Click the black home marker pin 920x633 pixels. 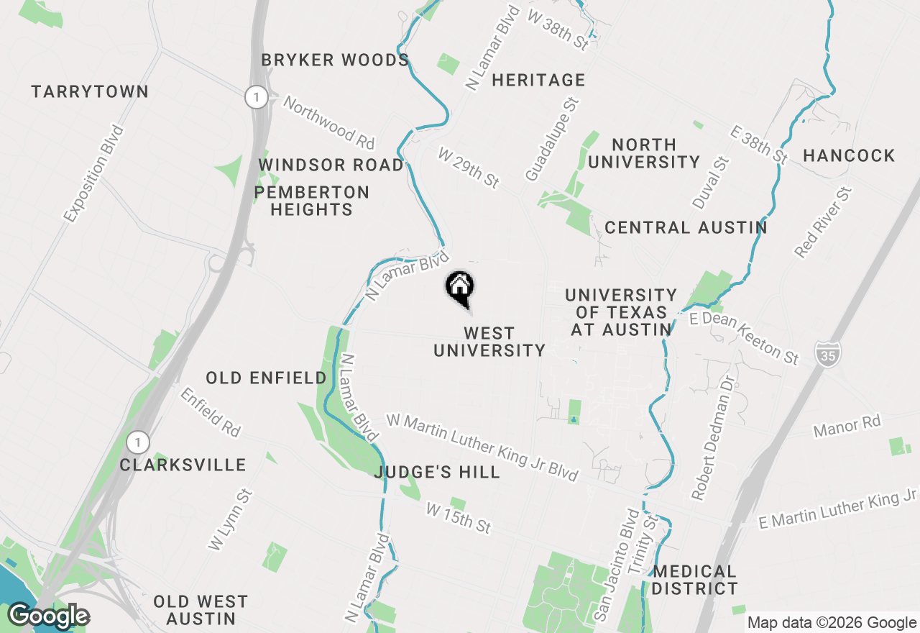[x=460, y=288]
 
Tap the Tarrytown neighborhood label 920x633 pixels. [x=90, y=91]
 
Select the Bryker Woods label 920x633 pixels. [x=335, y=60]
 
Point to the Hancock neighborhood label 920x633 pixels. [x=849, y=155]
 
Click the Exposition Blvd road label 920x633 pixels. [x=93, y=173]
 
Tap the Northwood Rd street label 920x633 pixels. [x=329, y=120]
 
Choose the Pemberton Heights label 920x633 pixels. [x=312, y=201]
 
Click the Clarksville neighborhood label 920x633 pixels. [x=183, y=465]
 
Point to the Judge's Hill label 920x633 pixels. [x=437, y=472]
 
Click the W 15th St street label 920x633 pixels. [x=458, y=518]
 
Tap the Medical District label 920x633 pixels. [x=694, y=580]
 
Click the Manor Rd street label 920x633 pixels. [x=847, y=427]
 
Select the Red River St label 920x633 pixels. [x=823, y=222]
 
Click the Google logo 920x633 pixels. [x=48, y=616]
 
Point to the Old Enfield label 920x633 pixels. [x=266, y=378]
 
